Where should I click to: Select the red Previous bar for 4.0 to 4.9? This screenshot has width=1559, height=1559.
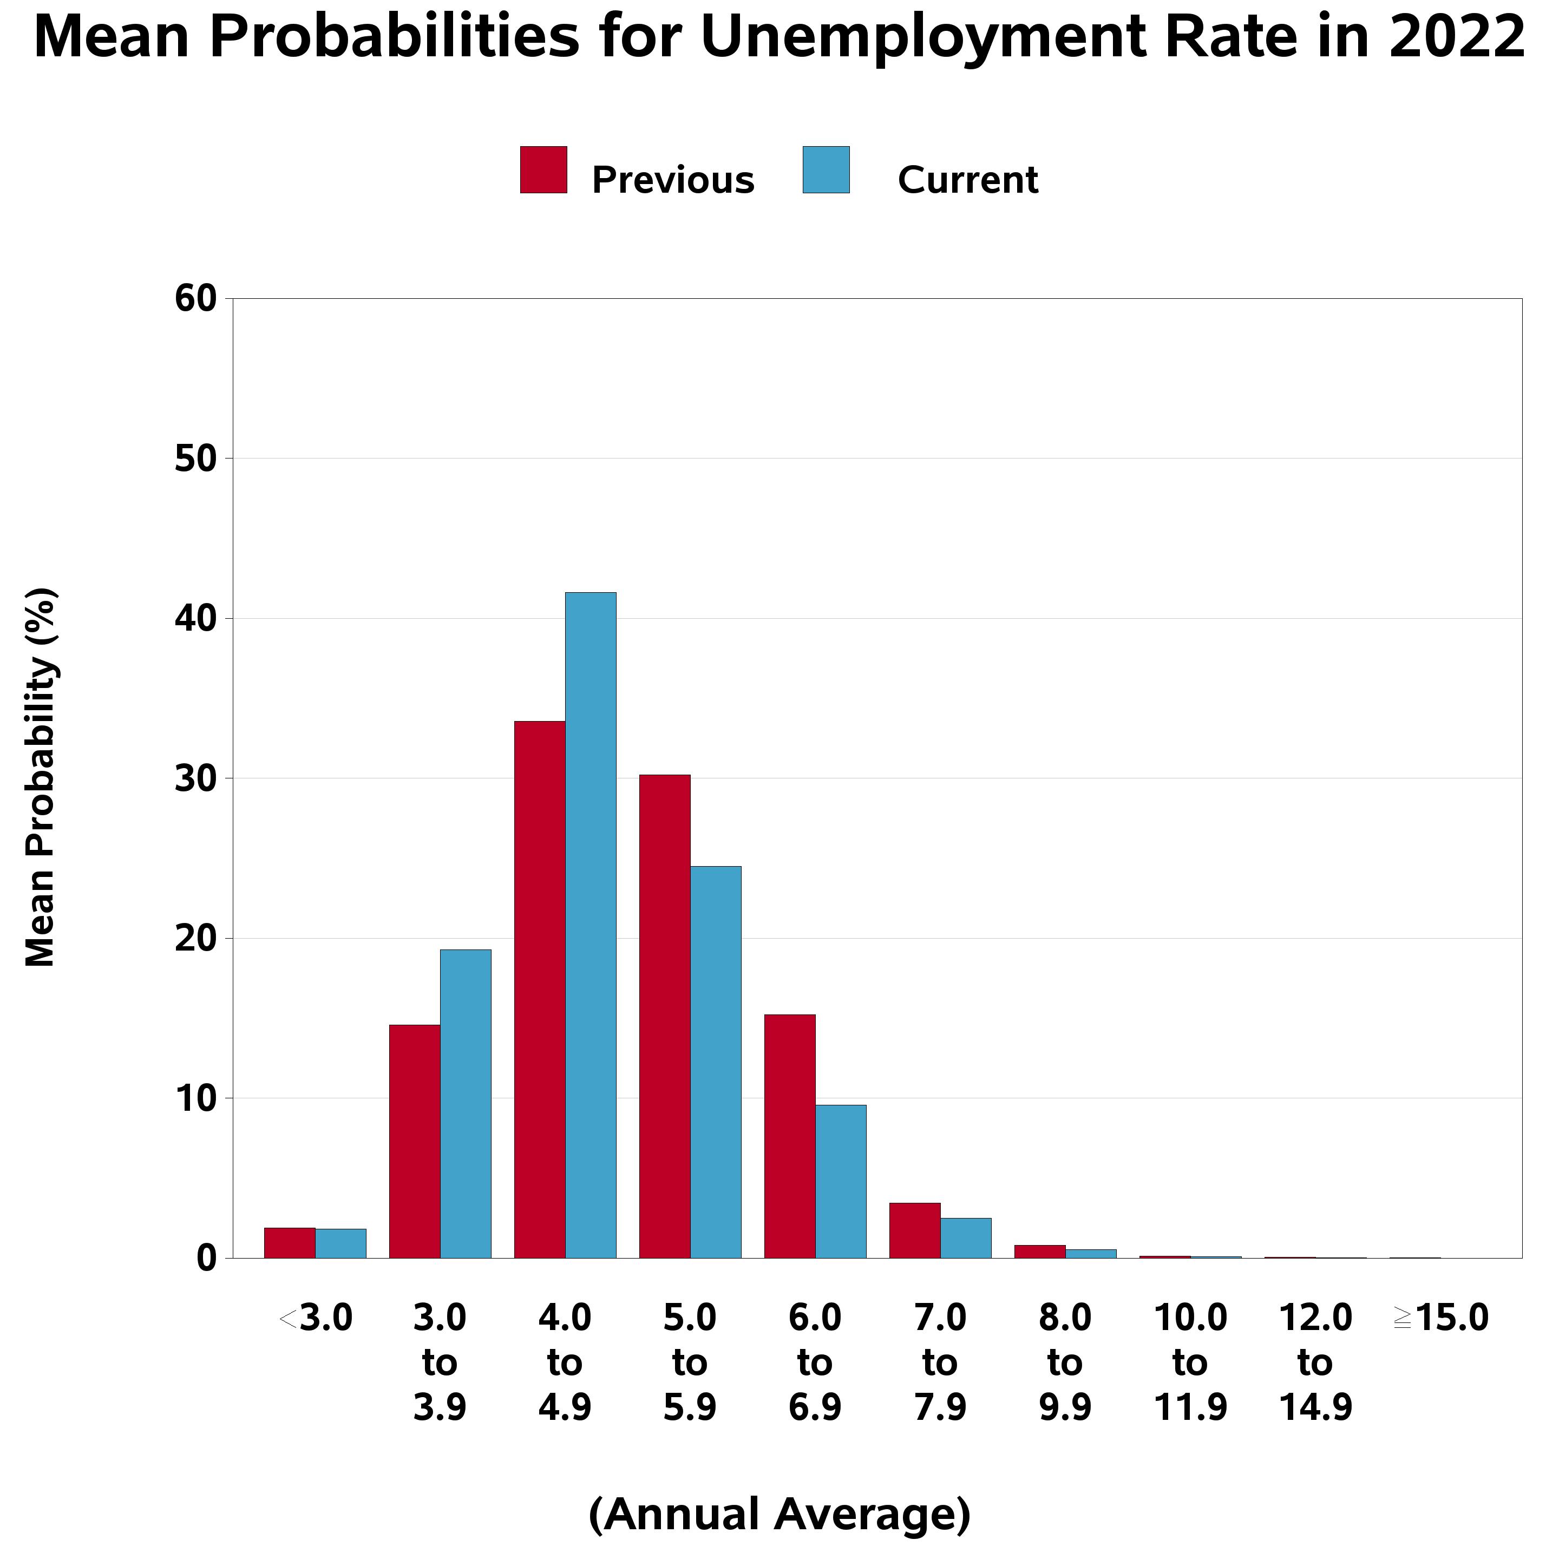(x=539, y=990)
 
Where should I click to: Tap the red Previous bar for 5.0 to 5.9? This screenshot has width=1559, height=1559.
(x=664, y=1016)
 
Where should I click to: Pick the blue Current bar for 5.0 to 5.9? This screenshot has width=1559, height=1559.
(x=715, y=1062)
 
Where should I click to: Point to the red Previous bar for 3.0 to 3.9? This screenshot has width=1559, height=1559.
(x=414, y=1141)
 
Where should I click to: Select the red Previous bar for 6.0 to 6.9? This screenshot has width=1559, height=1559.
(x=789, y=1136)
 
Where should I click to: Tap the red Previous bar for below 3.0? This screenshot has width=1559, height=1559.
(x=289, y=1243)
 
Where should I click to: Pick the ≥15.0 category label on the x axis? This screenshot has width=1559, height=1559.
(x=1440, y=1319)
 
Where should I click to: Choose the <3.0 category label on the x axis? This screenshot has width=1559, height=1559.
(x=316, y=1319)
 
